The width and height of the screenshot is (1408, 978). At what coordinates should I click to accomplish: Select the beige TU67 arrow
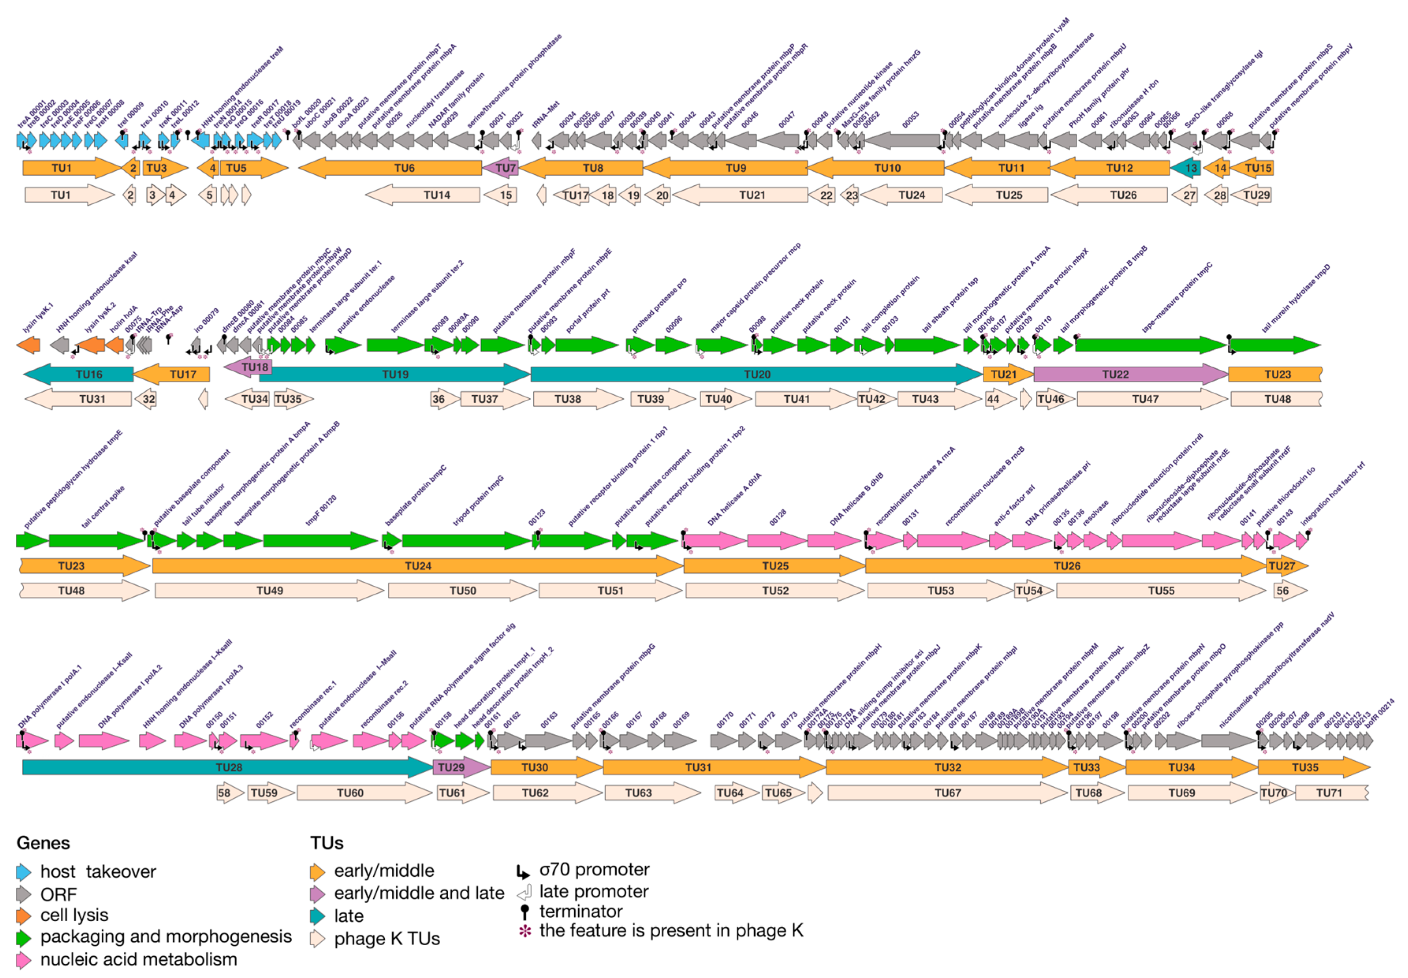coord(947,793)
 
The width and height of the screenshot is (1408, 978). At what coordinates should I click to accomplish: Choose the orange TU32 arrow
coord(947,767)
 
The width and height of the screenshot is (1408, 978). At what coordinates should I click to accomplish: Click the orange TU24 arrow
coord(417,566)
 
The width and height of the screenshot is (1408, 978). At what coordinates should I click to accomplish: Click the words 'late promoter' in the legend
coord(593,892)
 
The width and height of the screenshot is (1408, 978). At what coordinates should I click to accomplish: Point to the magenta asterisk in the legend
coord(525,931)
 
